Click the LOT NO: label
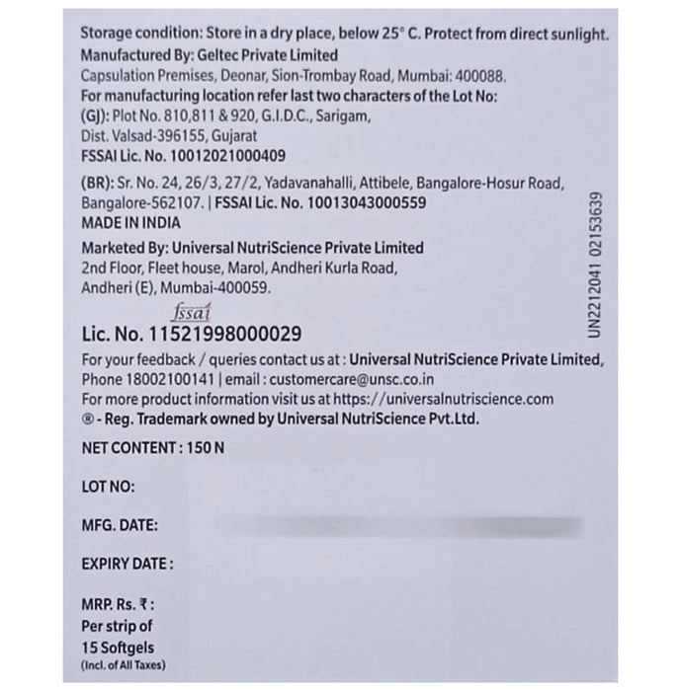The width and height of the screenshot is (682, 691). (109, 486)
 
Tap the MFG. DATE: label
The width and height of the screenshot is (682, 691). (120, 525)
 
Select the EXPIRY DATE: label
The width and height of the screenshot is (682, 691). (128, 565)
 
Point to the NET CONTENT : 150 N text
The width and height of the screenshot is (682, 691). (153, 447)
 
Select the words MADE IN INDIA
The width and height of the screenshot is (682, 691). (130, 223)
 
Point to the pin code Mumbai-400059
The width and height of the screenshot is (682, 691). (210, 287)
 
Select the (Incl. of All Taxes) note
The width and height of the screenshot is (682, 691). (125, 666)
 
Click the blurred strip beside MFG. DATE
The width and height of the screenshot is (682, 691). (415, 525)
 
